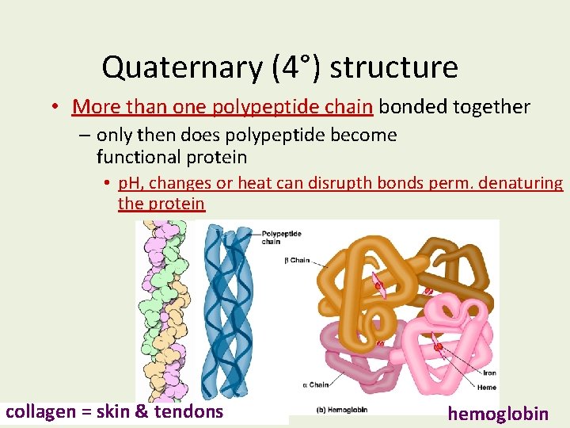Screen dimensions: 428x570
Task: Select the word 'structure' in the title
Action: (393, 67)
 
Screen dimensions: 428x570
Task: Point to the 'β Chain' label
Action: (297, 260)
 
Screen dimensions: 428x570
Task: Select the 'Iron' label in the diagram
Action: (488, 373)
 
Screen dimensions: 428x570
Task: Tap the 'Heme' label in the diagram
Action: (488, 387)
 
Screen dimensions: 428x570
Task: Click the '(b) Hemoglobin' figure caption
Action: (343, 410)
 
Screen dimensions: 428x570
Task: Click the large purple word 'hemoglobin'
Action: (498, 413)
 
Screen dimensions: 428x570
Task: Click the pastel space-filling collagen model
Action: (163, 309)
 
